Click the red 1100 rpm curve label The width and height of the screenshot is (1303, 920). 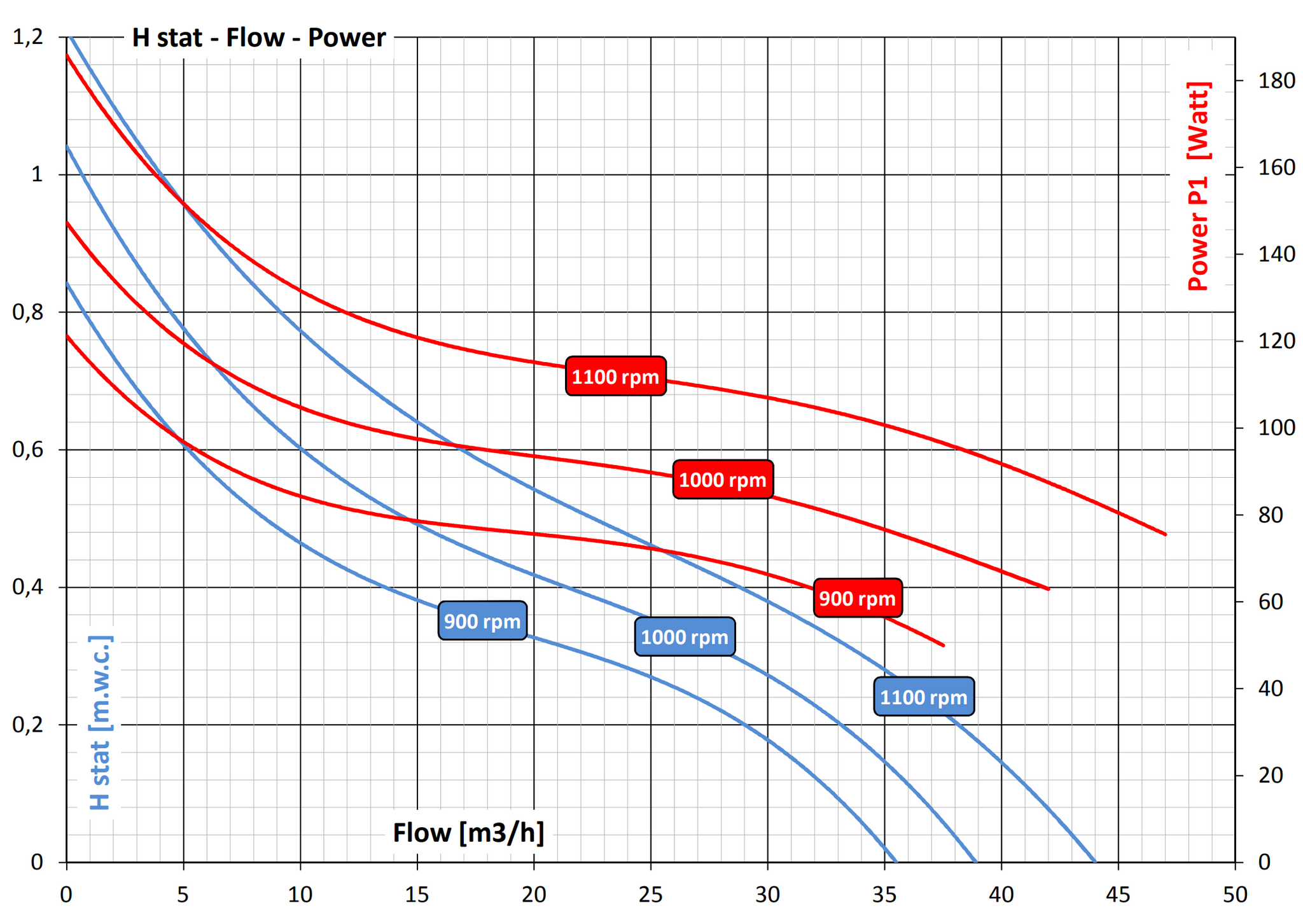click(x=615, y=377)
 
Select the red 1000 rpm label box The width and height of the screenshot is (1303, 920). click(x=723, y=480)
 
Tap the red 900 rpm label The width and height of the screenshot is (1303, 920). click(x=857, y=598)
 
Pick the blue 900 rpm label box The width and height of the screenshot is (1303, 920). click(x=482, y=621)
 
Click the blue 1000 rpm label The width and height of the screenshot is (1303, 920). click(x=685, y=637)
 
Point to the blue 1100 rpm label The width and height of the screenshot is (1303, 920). click(x=923, y=697)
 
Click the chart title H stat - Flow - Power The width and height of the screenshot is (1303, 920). click(x=258, y=38)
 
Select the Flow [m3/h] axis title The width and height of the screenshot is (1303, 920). click(x=468, y=833)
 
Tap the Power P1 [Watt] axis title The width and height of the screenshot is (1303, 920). click(x=1199, y=186)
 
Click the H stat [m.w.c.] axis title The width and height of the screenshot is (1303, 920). click(x=101, y=723)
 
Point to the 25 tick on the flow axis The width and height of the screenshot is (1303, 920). click(x=650, y=895)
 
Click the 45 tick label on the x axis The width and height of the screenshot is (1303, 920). click(x=1118, y=895)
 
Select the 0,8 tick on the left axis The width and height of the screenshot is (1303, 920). click(x=28, y=312)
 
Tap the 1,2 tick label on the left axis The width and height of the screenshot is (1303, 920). click(x=28, y=37)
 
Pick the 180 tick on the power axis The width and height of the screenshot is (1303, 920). click(x=1276, y=81)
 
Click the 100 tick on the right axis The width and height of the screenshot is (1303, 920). click(x=1276, y=428)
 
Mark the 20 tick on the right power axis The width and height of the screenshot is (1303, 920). click(x=1271, y=775)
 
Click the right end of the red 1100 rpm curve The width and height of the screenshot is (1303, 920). click(x=1166, y=534)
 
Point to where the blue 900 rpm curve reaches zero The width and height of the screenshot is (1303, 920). click(x=896, y=861)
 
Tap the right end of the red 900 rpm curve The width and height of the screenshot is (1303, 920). click(x=944, y=646)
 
